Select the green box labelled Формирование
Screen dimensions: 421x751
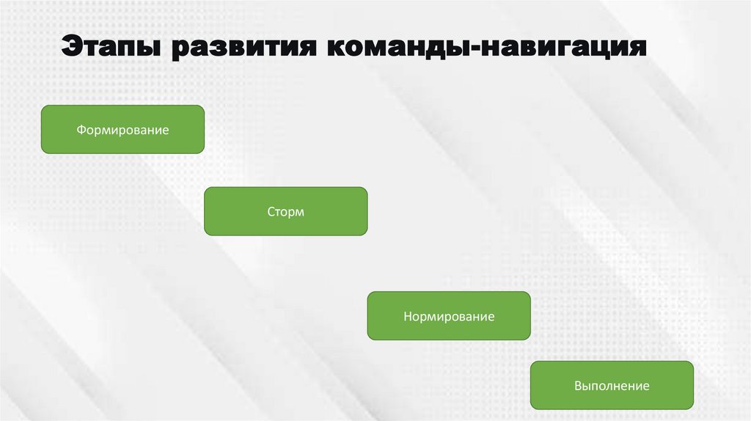122,129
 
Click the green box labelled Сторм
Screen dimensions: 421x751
285,211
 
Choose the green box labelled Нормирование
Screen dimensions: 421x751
448,316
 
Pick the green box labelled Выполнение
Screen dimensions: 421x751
612,385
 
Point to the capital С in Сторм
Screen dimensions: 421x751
271,212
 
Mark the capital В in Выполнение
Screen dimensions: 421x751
578,386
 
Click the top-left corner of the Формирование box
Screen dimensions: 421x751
42,106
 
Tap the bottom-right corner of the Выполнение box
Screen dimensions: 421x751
692,408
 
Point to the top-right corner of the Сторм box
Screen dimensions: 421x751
366,188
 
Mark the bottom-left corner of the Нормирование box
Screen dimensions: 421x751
369,339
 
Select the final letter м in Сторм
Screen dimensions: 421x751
299,212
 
